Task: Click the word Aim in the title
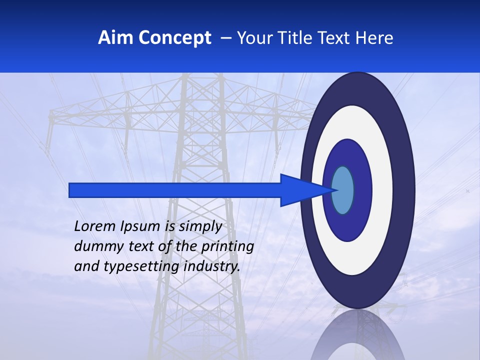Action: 115,38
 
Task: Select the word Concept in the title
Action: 174,38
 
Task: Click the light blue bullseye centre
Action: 343,190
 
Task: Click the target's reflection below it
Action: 357,335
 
